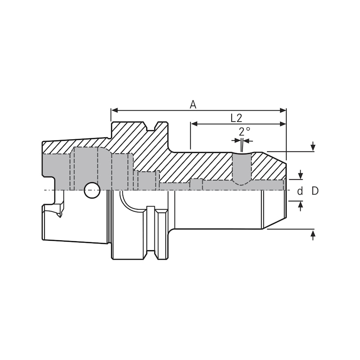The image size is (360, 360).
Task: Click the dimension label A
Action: (193, 104)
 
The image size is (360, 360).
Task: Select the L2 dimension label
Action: (236, 118)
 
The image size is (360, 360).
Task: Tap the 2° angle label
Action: (244, 131)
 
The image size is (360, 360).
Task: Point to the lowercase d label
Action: (300, 191)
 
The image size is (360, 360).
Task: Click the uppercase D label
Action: (315, 191)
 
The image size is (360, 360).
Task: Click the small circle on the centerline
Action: (92, 190)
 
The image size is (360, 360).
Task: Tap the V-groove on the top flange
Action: (151, 126)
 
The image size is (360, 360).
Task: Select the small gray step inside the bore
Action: (196, 184)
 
